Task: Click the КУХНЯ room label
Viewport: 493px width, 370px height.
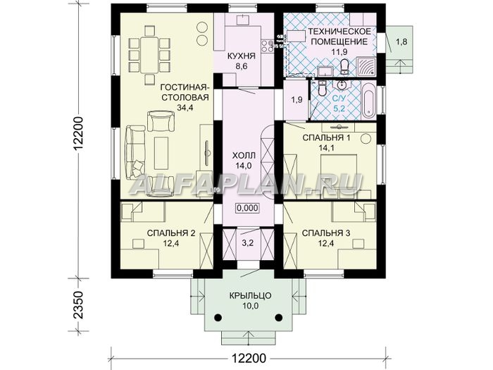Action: tap(241, 56)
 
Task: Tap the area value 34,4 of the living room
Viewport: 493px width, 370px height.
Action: tap(185, 108)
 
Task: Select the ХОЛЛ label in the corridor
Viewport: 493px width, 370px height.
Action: tap(244, 155)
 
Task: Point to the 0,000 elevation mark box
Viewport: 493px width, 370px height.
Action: tap(247, 208)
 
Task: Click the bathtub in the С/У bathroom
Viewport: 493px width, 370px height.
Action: tap(368, 100)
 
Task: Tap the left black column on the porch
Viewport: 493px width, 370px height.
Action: tap(218, 317)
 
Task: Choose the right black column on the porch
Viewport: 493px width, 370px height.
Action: tap(278, 317)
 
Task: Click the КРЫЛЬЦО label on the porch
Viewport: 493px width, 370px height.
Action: tap(250, 296)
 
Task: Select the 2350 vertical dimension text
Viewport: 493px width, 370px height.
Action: tap(77, 304)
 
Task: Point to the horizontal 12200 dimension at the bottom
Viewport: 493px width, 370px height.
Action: tap(249, 358)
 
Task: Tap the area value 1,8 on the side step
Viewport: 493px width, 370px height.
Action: tap(402, 42)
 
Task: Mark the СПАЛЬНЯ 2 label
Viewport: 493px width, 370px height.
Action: tap(171, 233)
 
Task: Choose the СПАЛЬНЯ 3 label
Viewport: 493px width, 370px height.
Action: tap(326, 233)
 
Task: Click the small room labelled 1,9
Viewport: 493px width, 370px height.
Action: tap(296, 100)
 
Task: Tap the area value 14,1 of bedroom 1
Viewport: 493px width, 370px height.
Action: tap(326, 147)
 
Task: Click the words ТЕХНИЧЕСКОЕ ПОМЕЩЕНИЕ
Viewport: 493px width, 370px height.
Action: tap(339, 37)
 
